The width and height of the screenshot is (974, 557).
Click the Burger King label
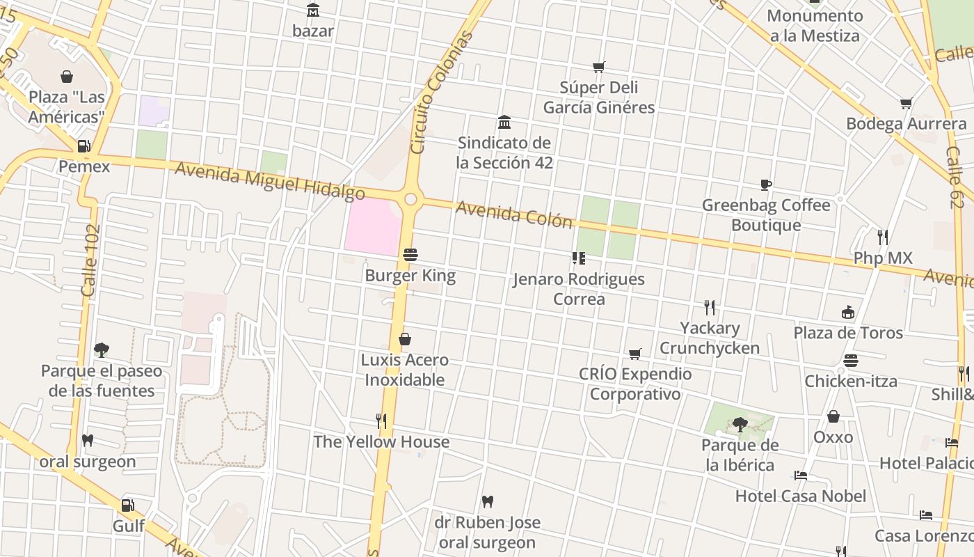point(410,276)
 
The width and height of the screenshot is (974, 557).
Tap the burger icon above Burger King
point(410,255)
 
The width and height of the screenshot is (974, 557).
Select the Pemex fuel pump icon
point(83,146)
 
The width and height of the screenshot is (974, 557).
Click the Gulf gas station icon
point(128,505)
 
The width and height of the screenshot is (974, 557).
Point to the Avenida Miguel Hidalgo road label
point(269,180)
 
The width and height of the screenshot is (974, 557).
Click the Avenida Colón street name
point(514,214)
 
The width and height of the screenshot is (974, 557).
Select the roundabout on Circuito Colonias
point(410,200)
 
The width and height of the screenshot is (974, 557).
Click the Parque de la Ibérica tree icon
point(740,424)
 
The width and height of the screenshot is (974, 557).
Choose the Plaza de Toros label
point(847,333)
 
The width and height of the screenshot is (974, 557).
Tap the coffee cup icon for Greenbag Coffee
point(765,185)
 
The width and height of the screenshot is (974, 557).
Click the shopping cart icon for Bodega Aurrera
point(906,104)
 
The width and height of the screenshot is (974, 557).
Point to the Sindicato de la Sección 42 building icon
point(504,123)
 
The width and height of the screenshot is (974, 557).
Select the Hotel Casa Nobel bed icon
point(801,476)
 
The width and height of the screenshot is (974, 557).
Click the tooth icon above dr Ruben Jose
point(487,501)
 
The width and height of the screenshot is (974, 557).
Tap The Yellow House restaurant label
point(381,442)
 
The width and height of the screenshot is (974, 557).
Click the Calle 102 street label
point(90,260)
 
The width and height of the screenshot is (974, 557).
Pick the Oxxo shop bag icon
point(833,416)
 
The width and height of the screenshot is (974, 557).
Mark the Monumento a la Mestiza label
point(815,26)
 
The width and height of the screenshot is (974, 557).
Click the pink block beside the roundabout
point(372,226)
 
